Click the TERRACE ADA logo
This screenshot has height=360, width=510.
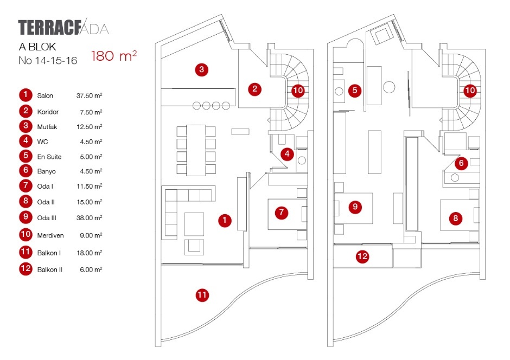(x=63, y=28)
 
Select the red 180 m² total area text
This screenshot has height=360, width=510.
(x=113, y=56)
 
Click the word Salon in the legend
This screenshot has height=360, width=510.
(x=45, y=96)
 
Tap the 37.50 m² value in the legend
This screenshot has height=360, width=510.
(x=90, y=96)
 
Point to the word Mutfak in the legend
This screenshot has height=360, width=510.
(x=47, y=127)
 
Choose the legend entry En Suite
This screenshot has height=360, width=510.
(x=49, y=157)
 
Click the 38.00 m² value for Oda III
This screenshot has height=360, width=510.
(x=90, y=218)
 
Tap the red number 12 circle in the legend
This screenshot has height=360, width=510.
(x=25, y=269)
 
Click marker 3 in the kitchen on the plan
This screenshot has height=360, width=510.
(x=201, y=69)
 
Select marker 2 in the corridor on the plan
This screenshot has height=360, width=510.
(x=256, y=89)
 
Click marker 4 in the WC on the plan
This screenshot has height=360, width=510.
(x=287, y=155)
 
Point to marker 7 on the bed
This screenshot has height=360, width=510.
(x=280, y=213)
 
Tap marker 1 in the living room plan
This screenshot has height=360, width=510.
(x=225, y=220)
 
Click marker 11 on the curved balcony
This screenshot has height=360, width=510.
(x=202, y=295)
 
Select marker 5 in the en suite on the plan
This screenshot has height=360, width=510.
(x=355, y=91)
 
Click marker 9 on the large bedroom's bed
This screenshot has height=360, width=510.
(x=355, y=207)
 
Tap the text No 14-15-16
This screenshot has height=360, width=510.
(x=48, y=61)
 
